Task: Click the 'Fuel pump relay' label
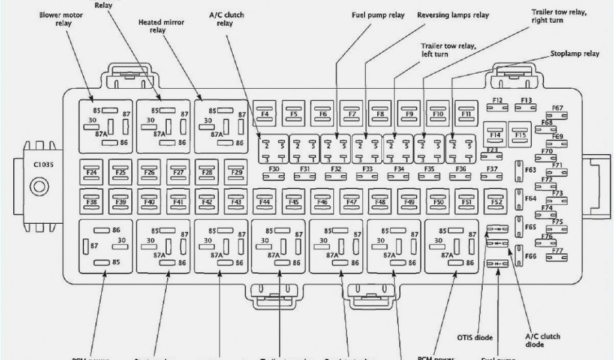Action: (378, 14)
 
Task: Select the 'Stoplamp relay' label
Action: (574, 53)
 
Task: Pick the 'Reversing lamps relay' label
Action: (453, 14)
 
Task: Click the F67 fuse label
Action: (558, 108)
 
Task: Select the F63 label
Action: (531, 170)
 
